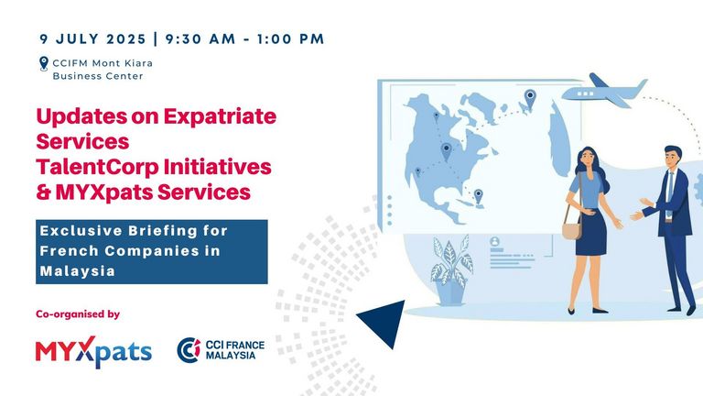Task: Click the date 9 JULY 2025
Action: [92, 39]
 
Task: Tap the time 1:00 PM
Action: [290, 39]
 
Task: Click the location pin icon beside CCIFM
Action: [44, 64]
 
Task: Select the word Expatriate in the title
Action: [220, 116]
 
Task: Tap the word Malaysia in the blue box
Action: [78, 271]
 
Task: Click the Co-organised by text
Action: [78, 314]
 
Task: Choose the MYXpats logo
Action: [93, 352]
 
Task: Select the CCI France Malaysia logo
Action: [221, 350]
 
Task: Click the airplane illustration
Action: [604, 91]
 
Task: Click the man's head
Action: [673, 157]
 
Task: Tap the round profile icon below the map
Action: [495, 242]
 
